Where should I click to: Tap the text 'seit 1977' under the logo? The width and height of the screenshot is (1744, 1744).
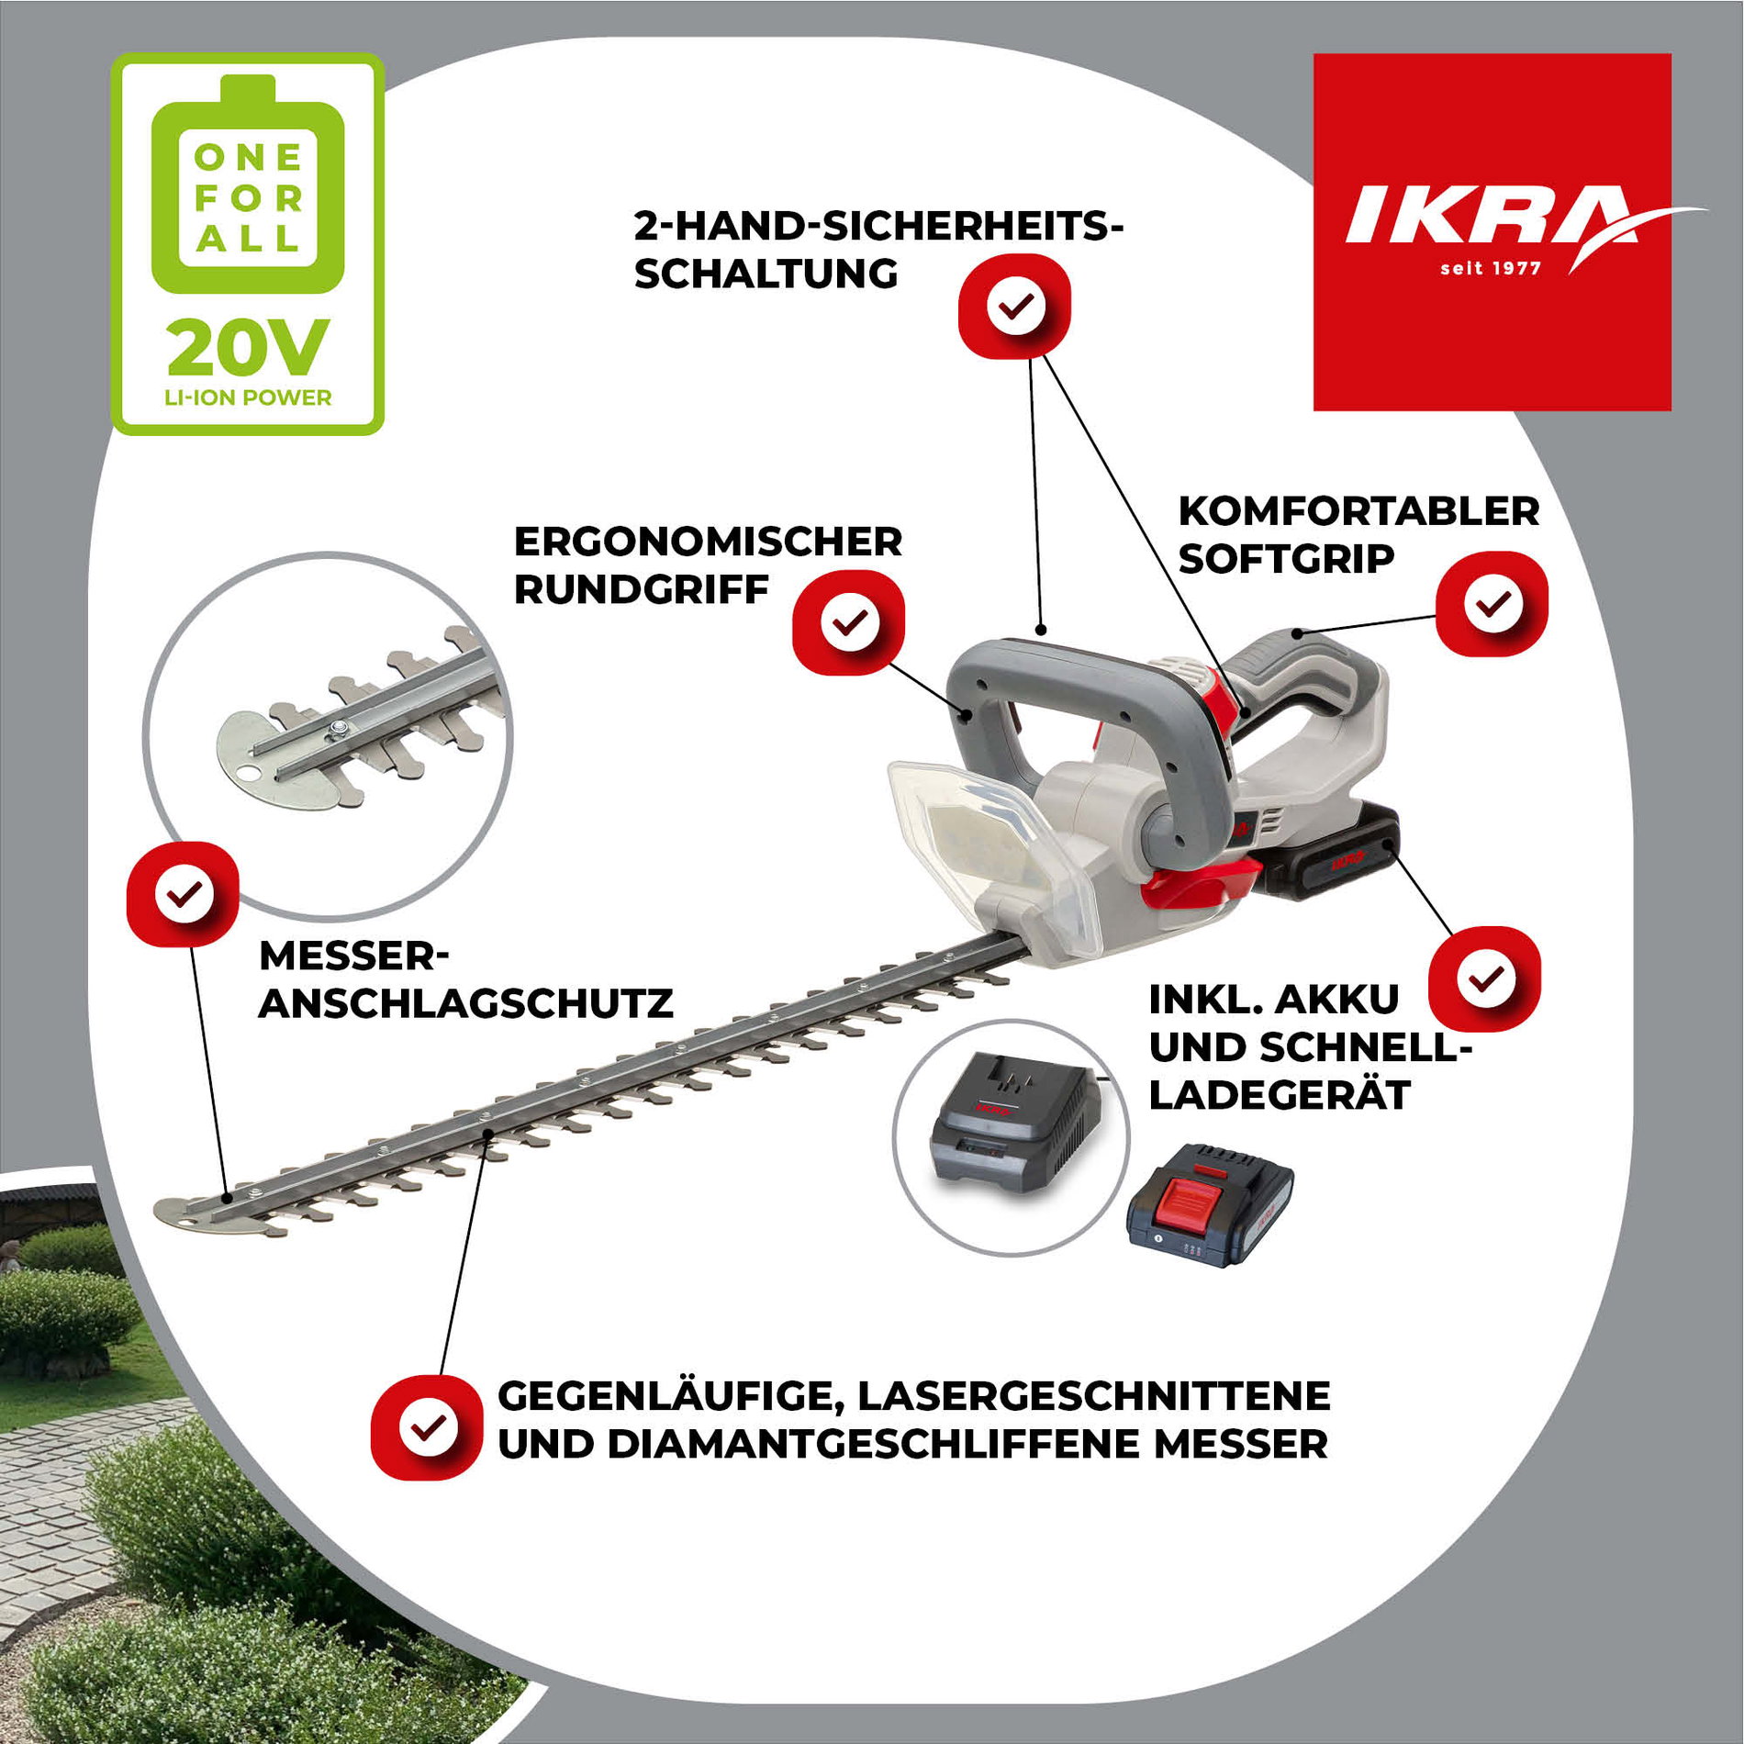tap(1490, 268)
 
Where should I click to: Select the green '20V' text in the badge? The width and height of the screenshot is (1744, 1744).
tap(248, 349)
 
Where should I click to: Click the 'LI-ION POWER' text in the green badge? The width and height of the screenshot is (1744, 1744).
tap(248, 397)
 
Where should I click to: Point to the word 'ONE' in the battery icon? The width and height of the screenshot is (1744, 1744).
tap(248, 157)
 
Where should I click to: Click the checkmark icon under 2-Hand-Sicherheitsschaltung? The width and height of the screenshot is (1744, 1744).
tap(1015, 307)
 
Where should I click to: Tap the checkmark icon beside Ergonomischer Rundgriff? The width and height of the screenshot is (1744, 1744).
tap(849, 622)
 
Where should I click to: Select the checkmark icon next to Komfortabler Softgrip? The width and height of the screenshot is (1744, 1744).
tap(1492, 604)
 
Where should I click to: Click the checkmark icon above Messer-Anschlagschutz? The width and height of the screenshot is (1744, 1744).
tap(184, 893)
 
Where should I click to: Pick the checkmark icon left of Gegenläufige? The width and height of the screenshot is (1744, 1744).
tap(427, 1426)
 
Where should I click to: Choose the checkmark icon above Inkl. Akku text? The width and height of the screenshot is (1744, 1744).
tap(1485, 978)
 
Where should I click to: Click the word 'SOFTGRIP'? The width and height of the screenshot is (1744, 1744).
tap(1286, 558)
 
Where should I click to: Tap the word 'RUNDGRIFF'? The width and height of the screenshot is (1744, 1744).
tap(641, 589)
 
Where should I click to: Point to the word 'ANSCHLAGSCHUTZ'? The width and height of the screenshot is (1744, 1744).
tap(466, 1003)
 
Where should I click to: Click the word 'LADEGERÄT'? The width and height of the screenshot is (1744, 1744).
tap(1279, 1095)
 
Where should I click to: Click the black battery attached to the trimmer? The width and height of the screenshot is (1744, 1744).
tap(1331, 854)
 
